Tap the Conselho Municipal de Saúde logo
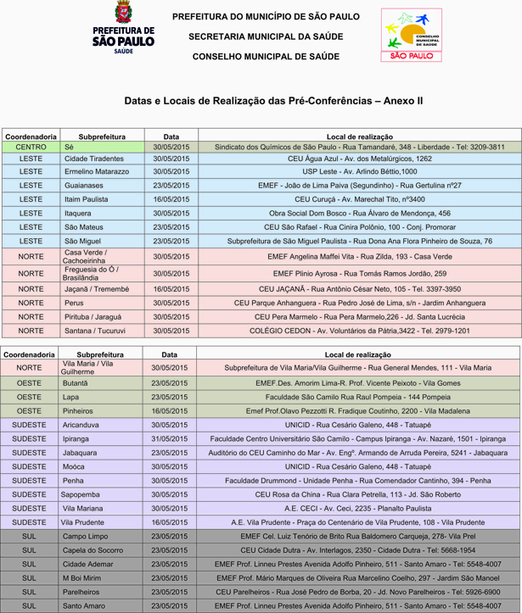(x=411, y=35)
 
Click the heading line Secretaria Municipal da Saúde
(x=266, y=36)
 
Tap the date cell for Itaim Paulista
(x=171, y=198)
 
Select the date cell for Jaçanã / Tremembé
(x=171, y=289)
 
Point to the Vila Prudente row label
(x=82, y=522)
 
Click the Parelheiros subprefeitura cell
(x=81, y=592)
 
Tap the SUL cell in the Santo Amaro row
(x=29, y=605)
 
